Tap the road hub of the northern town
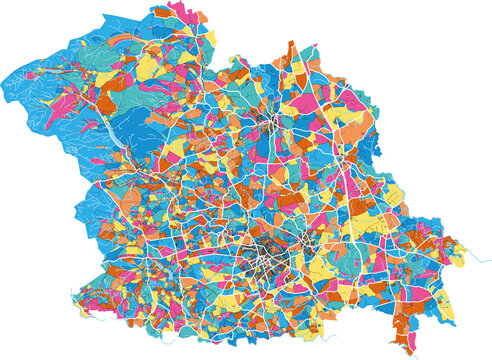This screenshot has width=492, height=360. tap(271, 126)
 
